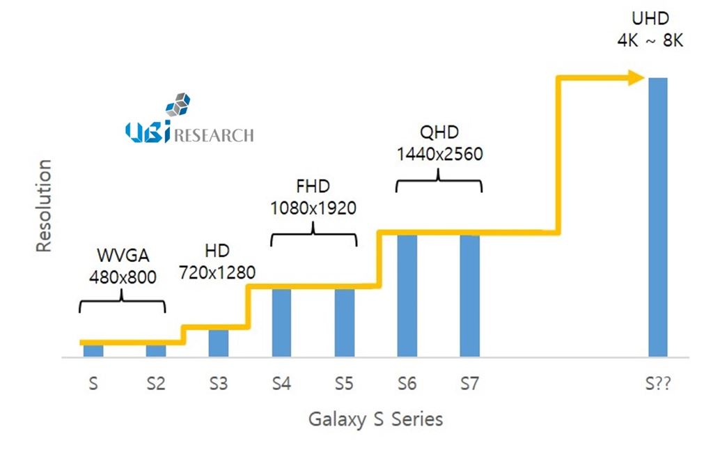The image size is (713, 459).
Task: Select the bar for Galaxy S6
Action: click(407, 295)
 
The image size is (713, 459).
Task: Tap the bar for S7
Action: click(470, 295)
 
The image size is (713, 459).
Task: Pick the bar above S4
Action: click(281, 322)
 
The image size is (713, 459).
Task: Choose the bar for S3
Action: click(219, 343)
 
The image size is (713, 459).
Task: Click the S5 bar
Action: click(345, 322)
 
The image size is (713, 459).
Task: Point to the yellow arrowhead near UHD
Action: click(635, 77)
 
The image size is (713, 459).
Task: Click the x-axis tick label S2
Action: click(155, 384)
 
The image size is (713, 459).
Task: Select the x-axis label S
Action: click(93, 384)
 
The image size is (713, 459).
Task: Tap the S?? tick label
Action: click(658, 384)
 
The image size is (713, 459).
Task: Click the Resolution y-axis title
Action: click(44, 205)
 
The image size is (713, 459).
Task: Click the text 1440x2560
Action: click(439, 154)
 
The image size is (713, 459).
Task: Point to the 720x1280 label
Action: click(217, 271)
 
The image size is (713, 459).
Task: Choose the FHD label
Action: click(313, 187)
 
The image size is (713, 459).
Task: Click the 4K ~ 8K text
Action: click(650, 40)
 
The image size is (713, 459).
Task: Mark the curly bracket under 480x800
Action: click(123, 305)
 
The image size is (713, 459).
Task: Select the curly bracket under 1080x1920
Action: click(313, 235)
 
